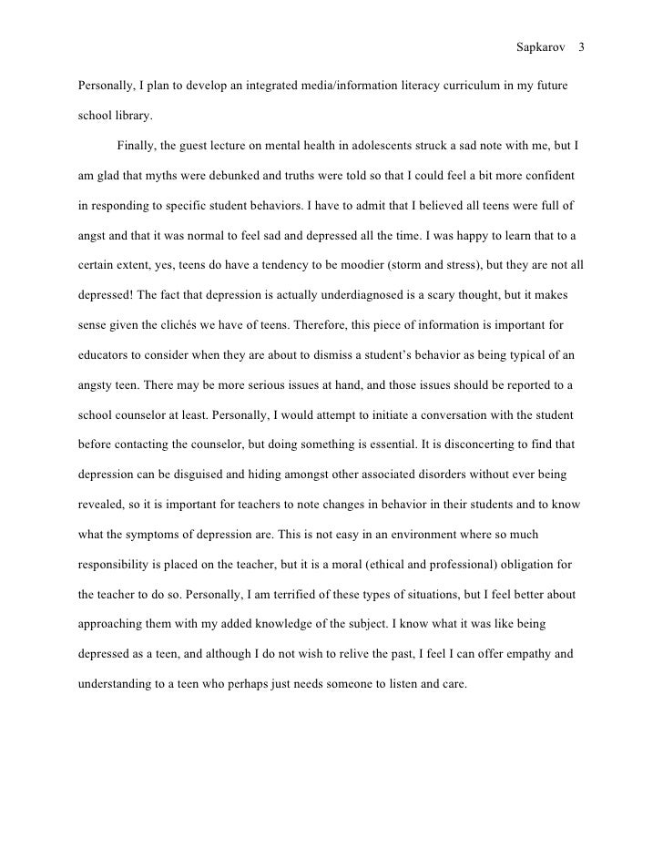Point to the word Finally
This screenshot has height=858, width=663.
click(x=137, y=146)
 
